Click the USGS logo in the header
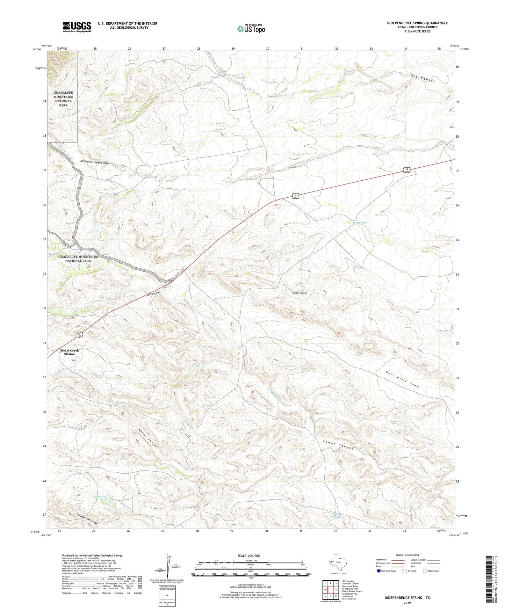(x=77, y=27)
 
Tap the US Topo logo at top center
(x=251, y=29)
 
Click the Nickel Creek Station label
(x=69, y=352)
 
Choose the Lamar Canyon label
(x=338, y=446)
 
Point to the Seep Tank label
(x=360, y=222)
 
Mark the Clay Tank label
(x=443, y=331)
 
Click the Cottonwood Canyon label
(x=87, y=518)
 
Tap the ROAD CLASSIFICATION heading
(x=407, y=555)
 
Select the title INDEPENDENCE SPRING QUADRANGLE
(x=417, y=23)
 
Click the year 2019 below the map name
(x=407, y=603)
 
